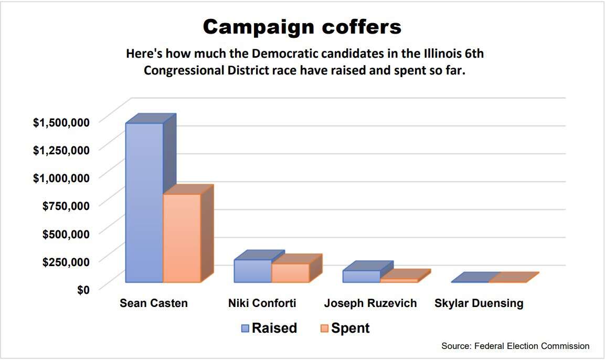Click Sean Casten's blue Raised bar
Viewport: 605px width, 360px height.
pyautogui.click(x=144, y=202)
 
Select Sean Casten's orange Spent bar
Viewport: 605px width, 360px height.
pyautogui.click(x=182, y=238)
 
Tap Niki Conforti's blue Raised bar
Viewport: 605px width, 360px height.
pyautogui.click(x=252, y=271)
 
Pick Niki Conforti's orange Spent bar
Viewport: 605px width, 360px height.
pyautogui.click(x=290, y=273)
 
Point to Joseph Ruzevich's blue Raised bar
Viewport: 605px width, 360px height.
pyautogui.click(x=362, y=277)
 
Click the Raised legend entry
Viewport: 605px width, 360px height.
pyautogui.click(x=269, y=328)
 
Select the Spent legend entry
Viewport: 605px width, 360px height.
pyautogui.click(x=344, y=328)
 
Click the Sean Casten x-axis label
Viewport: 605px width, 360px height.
pyautogui.click(x=154, y=303)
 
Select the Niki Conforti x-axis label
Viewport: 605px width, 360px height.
pyautogui.click(x=262, y=303)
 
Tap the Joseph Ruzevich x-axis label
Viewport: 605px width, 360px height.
pyautogui.click(x=370, y=303)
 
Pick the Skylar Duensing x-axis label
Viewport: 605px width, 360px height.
pyautogui.click(x=479, y=303)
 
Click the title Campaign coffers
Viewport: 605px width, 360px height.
pyautogui.click(x=302, y=27)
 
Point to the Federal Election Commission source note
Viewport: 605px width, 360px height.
pyautogui.click(x=515, y=346)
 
